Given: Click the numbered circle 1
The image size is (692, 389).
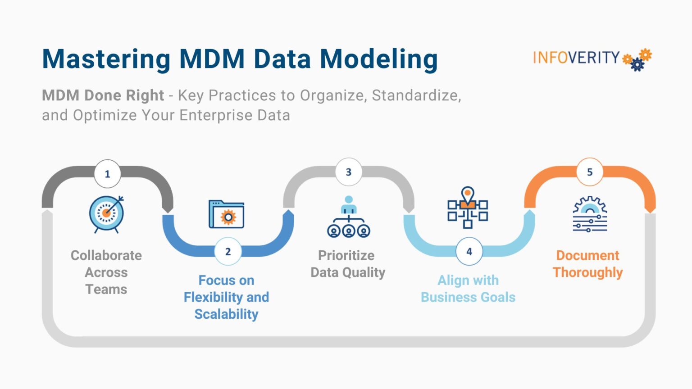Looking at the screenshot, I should tap(107, 174).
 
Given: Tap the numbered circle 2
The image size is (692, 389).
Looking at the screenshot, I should tap(228, 251).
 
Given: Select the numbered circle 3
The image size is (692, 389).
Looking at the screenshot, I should tap(348, 172).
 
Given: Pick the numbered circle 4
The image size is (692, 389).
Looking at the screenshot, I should tap(469, 251).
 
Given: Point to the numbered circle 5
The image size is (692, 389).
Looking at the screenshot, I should tap(589, 172).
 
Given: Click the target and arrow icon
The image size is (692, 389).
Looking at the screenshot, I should tap(106, 214).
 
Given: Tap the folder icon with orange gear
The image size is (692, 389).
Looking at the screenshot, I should tap(227, 215).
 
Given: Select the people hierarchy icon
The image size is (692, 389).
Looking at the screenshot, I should tap(348, 217).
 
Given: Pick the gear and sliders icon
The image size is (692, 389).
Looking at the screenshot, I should tap(590, 214).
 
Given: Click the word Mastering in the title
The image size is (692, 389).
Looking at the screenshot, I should tap(106, 59).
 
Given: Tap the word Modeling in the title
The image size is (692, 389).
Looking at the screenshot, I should tap(378, 59).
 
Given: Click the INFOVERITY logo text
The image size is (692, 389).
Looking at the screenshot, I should tap(576, 58).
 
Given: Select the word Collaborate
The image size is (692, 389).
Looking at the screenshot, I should tap(106, 255).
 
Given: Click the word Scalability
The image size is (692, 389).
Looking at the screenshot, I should tap(226, 314).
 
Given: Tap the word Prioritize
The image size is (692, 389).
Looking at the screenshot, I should tap(346, 255).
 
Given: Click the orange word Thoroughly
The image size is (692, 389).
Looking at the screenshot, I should tap(587, 272).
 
